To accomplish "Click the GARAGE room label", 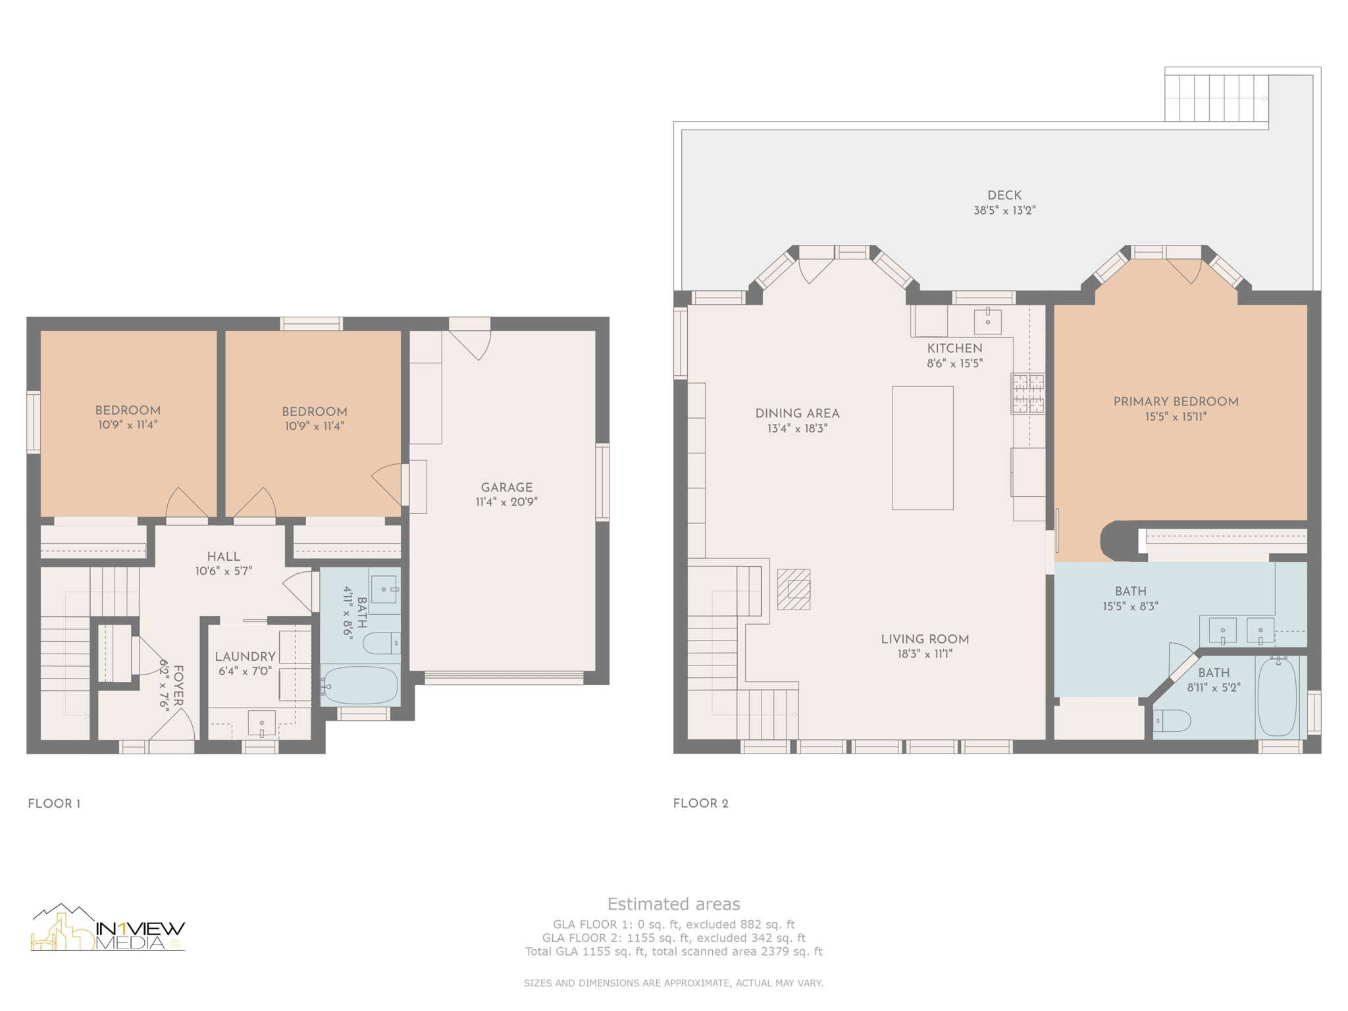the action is [x=507, y=488].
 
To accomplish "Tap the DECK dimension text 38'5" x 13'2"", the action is [x=1004, y=211].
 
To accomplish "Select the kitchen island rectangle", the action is [x=923, y=448].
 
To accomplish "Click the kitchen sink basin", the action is [x=987, y=322].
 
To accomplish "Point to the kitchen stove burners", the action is [x=1028, y=394].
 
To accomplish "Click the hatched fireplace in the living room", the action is [x=794, y=590].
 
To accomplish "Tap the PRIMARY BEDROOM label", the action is [x=1176, y=402].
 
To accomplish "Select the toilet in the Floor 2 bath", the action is [x=1172, y=721].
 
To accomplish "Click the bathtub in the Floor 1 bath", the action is [x=360, y=685].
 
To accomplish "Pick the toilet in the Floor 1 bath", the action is [x=382, y=643].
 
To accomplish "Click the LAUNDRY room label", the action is [x=245, y=657].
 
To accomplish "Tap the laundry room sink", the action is [x=261, y=723].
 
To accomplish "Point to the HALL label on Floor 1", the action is [x=224, y=557].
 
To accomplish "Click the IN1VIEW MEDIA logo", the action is [x=108, y=927].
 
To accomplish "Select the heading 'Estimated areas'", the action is [x=673, y=904].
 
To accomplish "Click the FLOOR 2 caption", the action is [x=701, y=804].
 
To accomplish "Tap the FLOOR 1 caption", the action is [x=54, y=804].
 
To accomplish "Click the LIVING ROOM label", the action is [x=925, y=639].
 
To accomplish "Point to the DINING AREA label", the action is [x=797, y=414].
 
